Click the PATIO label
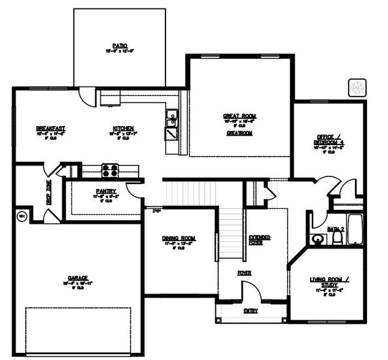(119, 45)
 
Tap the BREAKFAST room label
(50, 128)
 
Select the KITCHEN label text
(122, 128)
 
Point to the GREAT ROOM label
(239, 116)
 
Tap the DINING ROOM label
(179, 239)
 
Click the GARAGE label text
(78, 278)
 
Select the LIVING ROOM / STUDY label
(326, 280)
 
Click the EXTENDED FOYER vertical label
(252, 241)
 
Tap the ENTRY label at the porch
(251, 311)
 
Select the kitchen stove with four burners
(110, 170)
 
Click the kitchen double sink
(172, 118)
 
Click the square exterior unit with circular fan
(358, 88)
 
